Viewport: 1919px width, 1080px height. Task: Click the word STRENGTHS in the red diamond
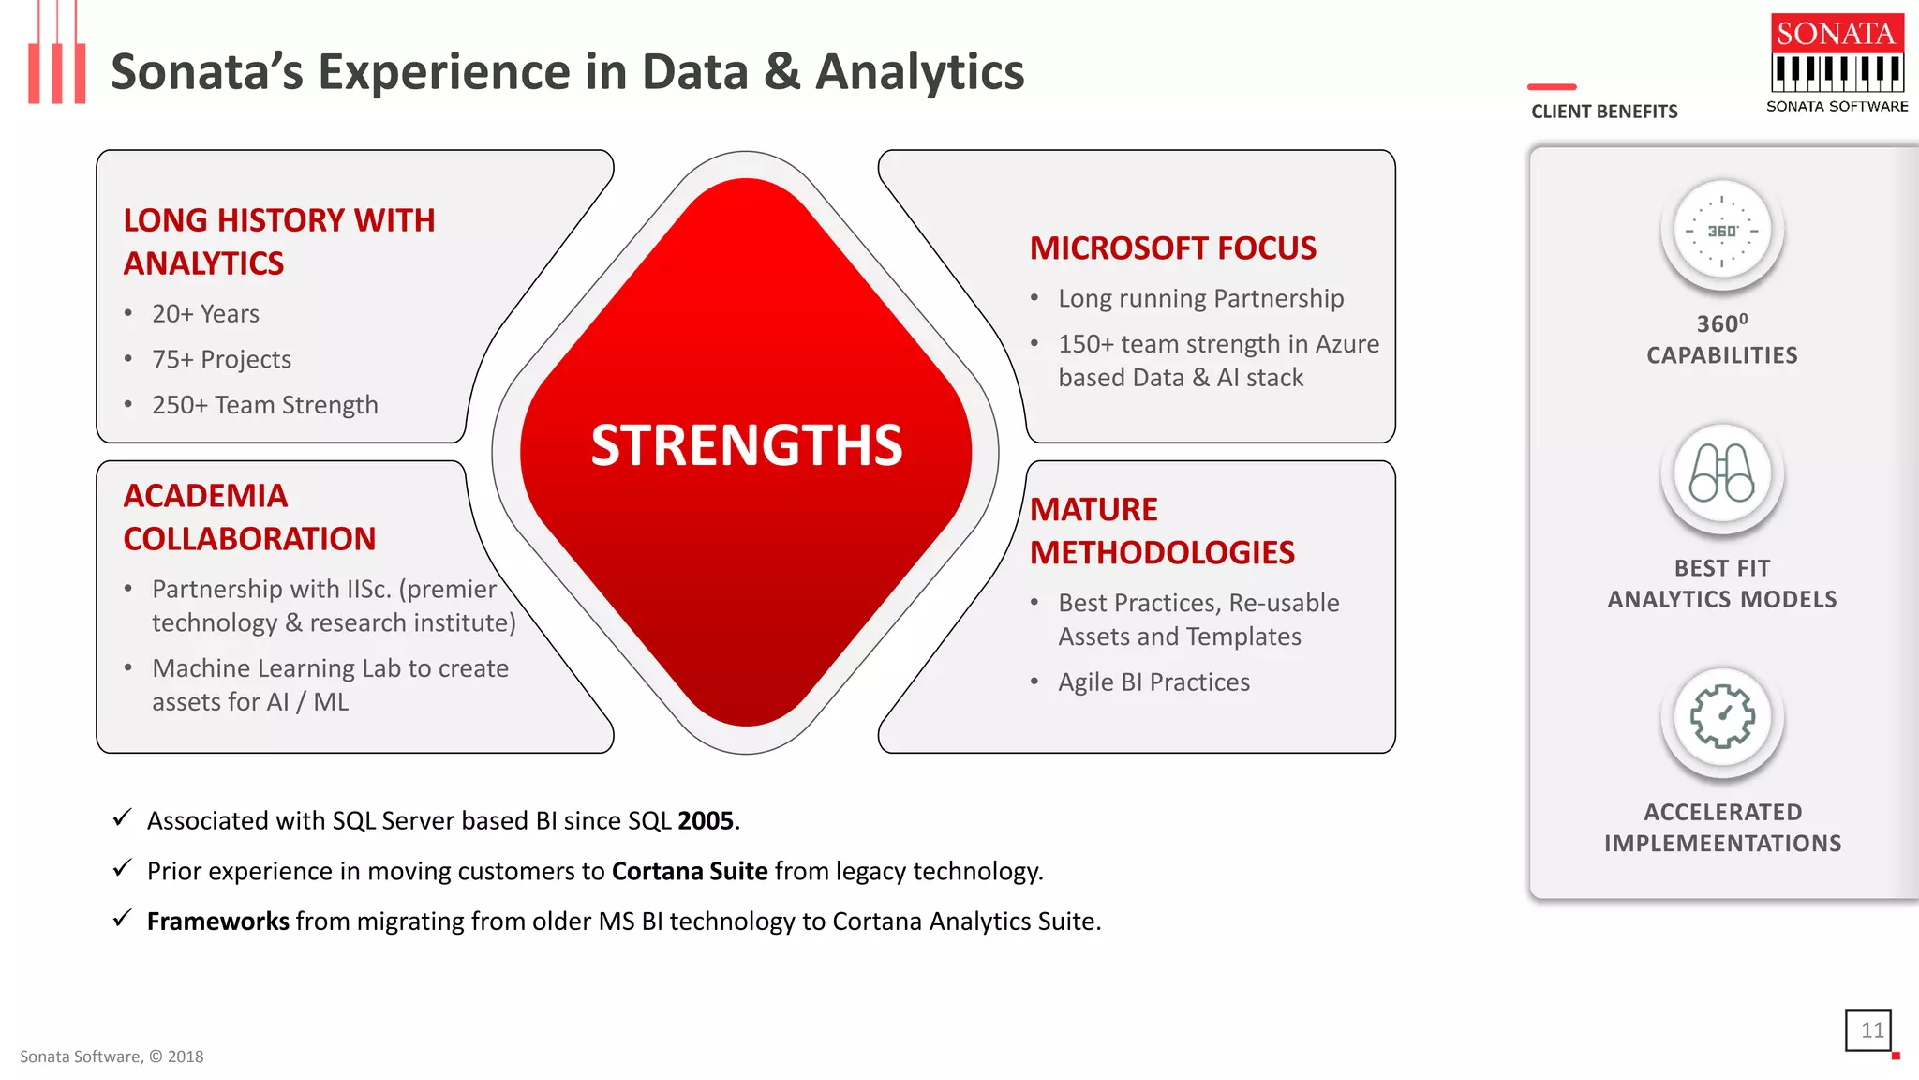tap(747, 445)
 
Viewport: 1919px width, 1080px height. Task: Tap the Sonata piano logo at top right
tap(1837, 62)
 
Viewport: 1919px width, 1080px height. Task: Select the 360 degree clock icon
tap(1721, 231)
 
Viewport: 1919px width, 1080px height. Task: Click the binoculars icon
tap(1721, 474)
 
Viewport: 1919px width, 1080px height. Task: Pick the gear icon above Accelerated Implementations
tap(1721, 717)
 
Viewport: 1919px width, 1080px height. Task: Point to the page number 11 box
tap(1869, 1030)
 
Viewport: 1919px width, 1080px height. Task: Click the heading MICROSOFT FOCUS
tap(1172, 248)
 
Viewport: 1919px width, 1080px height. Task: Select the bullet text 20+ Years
tap(205, 314)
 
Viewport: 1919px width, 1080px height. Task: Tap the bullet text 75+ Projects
tap(221, 360)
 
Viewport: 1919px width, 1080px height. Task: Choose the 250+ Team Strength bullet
tap(264, 405)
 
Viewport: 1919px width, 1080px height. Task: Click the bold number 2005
tap(706, 821)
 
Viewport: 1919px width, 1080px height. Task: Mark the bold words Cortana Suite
tap(690, 872)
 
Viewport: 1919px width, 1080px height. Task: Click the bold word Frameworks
tap(217, 922)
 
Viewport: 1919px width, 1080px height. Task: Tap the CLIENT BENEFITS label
tap(1604, 112)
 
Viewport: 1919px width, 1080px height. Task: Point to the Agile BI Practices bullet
tap(1153, 682)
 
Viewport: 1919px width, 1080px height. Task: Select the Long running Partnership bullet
tap(1200, 299)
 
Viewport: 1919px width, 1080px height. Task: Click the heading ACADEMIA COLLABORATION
tap(249, 517)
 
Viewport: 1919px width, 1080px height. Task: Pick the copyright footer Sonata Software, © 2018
tap(112, 1057)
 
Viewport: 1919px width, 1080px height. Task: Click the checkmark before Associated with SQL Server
tap(122, 818)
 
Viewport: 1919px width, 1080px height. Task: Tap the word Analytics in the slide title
tap(919, 72)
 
